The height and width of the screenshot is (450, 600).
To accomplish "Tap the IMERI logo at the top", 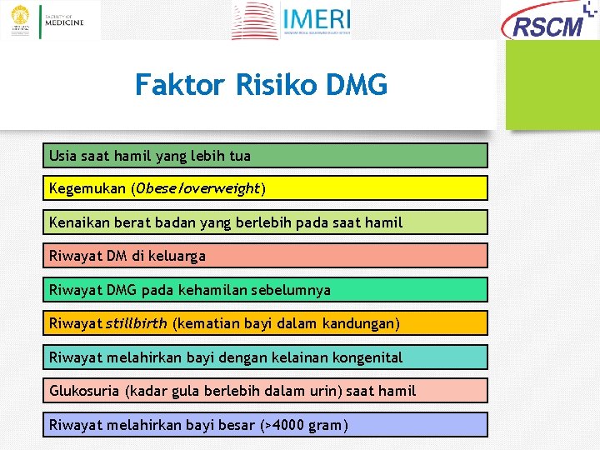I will (292, 21).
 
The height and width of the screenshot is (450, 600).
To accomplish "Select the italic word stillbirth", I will (136, 323).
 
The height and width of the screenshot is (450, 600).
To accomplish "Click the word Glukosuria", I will (84, 391).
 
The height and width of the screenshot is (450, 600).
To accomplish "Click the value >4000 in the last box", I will (286, 425).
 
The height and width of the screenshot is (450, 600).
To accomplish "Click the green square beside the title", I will (552, 85).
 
